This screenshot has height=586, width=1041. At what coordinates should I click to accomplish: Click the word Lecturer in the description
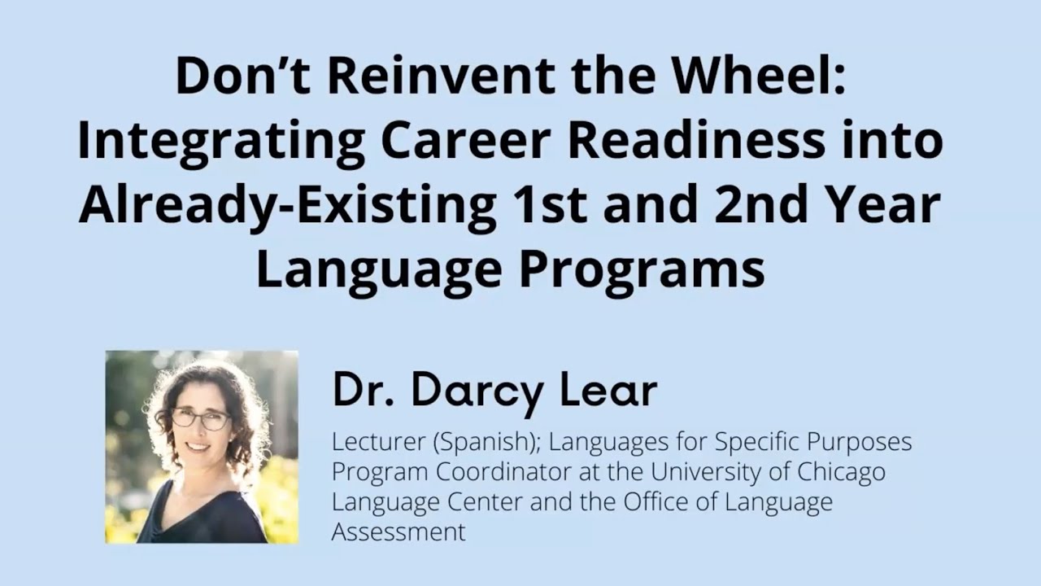pyautogui.click(x=378, y=442)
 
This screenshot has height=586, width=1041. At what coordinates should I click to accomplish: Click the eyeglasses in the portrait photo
pyautogui.click(x=200, y=418)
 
